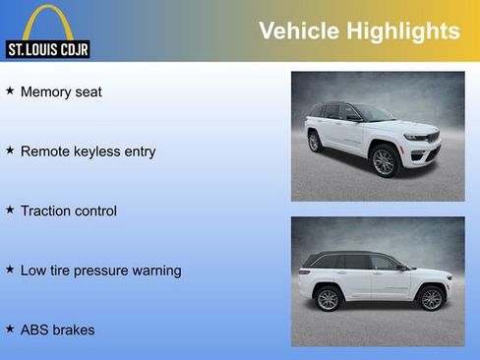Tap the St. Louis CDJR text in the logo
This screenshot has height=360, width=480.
click(48, 49)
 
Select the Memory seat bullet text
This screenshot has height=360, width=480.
click(61, 92)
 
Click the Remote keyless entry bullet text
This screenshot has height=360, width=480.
click(88, 151)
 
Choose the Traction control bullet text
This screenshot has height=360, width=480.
click(68, 210)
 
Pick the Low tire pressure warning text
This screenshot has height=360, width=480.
click(100, 270)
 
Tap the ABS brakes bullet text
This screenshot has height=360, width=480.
click(57, 330)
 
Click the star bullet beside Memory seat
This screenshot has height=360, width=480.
click(10, 91)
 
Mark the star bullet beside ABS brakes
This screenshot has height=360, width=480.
click(10, 329)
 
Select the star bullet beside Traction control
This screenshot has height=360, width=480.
click(10, 210)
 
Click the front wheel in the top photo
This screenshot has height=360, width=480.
click(384, 161)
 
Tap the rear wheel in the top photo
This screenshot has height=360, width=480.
click(315, 142)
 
